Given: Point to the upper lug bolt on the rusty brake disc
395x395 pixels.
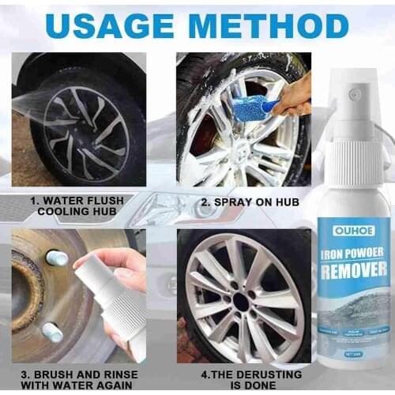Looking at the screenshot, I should point(56,258).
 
